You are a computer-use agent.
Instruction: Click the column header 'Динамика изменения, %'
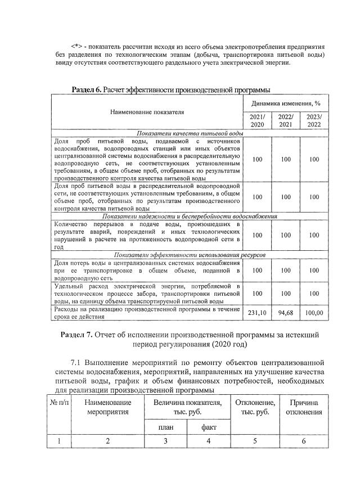click(x=286, y=103)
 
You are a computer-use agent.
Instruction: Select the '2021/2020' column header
click(x=257, y=120)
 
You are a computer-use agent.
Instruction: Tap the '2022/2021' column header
click(x=286, y=120)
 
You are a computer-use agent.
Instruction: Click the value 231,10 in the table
click(x=257, y=313)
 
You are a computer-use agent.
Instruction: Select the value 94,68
click(x=286, y=313)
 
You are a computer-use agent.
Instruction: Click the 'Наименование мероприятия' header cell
click(x=108, y=408)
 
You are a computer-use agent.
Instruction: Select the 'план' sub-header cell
click(x=165, y=427)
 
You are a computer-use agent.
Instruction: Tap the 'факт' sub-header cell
click(x=209, y=427)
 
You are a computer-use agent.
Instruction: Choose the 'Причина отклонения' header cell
click(x=304, y=408)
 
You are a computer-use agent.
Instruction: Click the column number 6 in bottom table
click(x=304, y=441)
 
